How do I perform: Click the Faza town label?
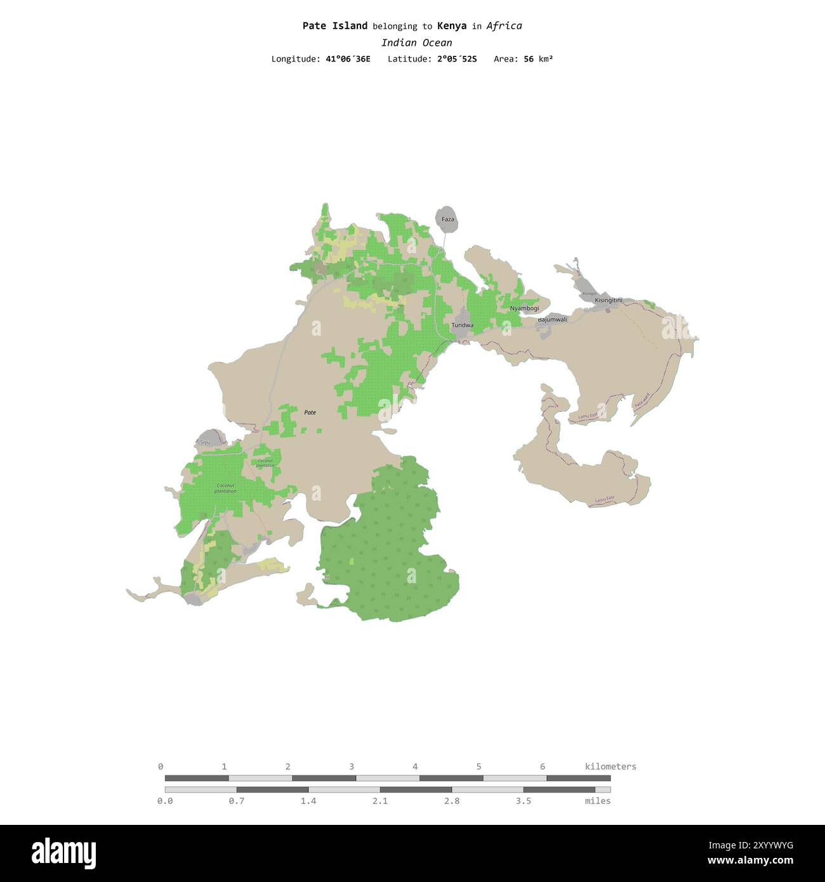[448, 220]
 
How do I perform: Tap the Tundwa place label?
[462, 325]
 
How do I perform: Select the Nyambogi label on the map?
[524, 308]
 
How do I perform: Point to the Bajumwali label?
[552, 320]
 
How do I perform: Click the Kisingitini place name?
[609, 300]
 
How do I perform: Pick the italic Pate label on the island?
[310, 412]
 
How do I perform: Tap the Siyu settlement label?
[204, 442]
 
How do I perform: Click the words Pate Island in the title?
[334, 26]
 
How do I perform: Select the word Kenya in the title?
[452, 26]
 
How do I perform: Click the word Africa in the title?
[505, 26]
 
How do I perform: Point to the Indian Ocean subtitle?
[416, 43]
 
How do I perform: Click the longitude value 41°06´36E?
[348, 59]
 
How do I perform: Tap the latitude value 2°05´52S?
[456, 59]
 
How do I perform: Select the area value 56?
[529, 59]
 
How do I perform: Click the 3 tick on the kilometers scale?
[352, 767]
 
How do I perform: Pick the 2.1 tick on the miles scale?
[380, 801]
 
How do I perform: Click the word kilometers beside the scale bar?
[610, 767]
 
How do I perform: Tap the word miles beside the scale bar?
[598, 801]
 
